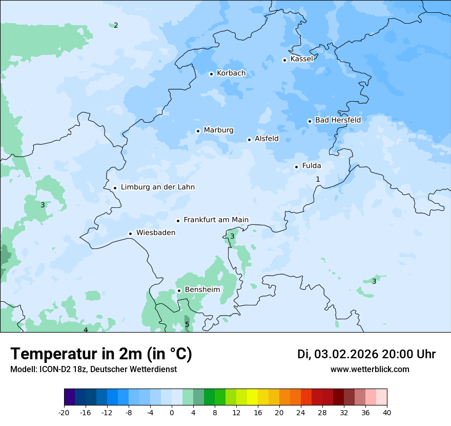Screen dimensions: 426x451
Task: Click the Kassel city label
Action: (x=301, y=59)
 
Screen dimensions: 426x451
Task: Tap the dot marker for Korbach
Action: (x=211, y=74)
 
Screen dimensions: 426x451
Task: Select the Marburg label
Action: (x=218, y=130)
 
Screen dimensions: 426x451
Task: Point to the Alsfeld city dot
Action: (x=249, y=140)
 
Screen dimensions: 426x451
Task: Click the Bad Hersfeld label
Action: (x=338, y=120)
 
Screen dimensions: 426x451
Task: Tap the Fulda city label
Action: (x=312, y=166)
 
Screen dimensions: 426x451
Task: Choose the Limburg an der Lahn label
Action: (x=157, y=187)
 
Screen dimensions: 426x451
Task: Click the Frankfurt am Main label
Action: (x=216, y=220)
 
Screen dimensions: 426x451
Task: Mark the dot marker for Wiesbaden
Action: (x=131, y=234)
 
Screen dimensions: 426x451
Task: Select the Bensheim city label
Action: (x=202, y=289)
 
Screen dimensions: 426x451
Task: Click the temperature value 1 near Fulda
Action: (x=318, y=179)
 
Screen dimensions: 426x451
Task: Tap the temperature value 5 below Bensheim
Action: (x=187, y=324)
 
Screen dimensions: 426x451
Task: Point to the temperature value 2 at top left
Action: (x=116, y=25)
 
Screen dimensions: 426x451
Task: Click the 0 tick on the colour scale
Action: (x=172, y=412)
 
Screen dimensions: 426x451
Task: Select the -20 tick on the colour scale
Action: (x=64, y=412)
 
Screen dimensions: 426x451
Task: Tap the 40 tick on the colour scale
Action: (x=387, y=412)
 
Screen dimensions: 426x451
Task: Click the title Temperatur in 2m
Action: (x=101, y=354)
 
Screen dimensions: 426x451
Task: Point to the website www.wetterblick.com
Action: (x=370, y=369)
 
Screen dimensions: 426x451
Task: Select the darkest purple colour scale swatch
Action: (x=69, y=397)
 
